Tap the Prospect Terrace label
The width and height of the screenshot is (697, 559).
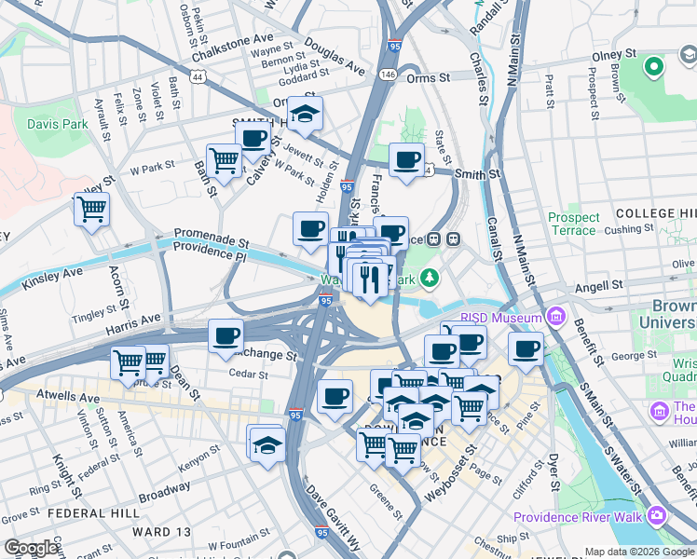pos(573,224)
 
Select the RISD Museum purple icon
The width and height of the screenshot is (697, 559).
pos(556,318)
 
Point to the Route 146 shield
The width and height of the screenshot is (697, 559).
pos(388,73)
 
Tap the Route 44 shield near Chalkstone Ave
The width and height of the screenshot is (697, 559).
pos(197,80)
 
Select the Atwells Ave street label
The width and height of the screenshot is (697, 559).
pos(66,397)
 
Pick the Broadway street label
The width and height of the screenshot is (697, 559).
pos(164,487)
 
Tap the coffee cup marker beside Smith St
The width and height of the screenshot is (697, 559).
pos(406,160)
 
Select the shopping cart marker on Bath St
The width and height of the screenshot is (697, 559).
pos(224,161)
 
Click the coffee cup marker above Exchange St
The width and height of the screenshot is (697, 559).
pos(225,336)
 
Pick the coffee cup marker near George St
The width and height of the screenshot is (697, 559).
pos(526,348)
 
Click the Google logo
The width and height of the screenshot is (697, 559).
pos(32,549)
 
